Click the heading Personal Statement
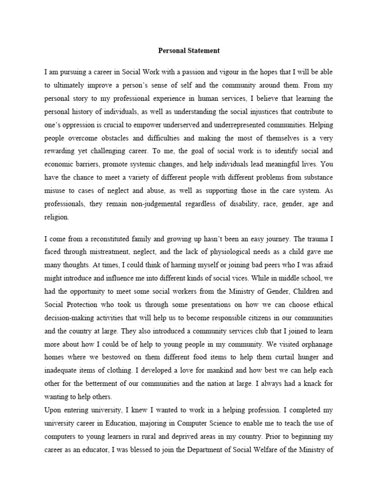point(189,50)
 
